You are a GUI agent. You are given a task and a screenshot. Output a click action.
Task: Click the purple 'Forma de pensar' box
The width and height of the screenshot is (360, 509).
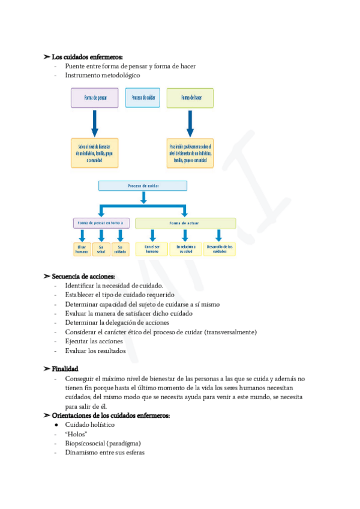(x=95, y=98)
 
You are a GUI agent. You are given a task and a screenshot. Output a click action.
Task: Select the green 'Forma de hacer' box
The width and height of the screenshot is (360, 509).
(x=190, y=98)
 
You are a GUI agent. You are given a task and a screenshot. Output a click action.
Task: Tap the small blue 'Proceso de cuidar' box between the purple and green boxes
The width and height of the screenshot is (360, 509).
(x=142, y=98)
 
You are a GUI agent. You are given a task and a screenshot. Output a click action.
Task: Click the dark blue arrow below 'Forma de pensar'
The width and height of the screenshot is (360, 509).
(x=94, y=123)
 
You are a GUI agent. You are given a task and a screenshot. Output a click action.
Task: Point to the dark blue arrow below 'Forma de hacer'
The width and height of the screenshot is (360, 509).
(x=190, y=123)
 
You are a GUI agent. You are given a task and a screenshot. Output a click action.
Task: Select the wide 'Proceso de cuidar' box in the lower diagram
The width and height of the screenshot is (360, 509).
(x=143, y=186)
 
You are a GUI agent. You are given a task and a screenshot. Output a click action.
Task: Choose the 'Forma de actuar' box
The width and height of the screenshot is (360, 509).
(x=185, y=223)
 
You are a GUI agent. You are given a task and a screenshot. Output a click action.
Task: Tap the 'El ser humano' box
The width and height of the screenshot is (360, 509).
(x=82, y=249)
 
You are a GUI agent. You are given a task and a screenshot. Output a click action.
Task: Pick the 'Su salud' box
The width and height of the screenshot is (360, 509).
(x=101, y=249)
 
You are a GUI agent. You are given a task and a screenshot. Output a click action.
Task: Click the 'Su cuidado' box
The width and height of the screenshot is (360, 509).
(x=120, y=249)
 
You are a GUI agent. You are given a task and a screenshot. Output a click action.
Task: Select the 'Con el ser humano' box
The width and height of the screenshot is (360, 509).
(x=152, y=249)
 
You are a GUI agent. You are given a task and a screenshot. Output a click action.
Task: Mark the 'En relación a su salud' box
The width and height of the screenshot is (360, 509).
(x=185, y=249)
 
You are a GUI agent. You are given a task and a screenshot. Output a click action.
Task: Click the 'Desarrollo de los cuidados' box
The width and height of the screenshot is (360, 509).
(x=220, y=249)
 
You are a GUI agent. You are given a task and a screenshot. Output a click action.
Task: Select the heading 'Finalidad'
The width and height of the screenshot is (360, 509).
(x=65, y=369)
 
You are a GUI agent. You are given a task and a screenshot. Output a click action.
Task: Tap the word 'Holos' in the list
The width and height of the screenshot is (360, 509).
(x=77, y=434)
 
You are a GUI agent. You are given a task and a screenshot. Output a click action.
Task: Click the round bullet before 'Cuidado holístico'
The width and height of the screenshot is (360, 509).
(x=56, y=425)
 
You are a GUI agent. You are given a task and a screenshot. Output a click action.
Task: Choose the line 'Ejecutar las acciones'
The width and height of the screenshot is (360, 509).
(x=94, y=342)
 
